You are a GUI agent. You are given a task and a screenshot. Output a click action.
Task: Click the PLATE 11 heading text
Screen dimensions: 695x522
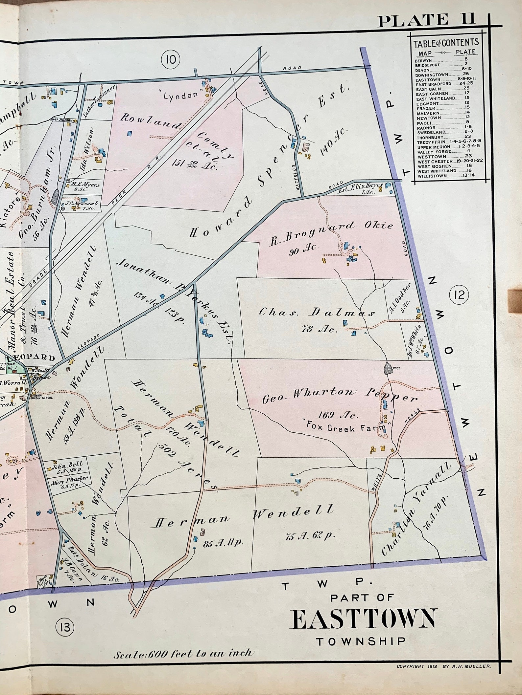tap(426, 20)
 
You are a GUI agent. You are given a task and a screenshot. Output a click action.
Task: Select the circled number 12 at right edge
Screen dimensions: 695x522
tap(459, 295)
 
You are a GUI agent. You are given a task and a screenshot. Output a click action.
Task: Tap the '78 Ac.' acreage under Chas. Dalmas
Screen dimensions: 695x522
tap(320, 329)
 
